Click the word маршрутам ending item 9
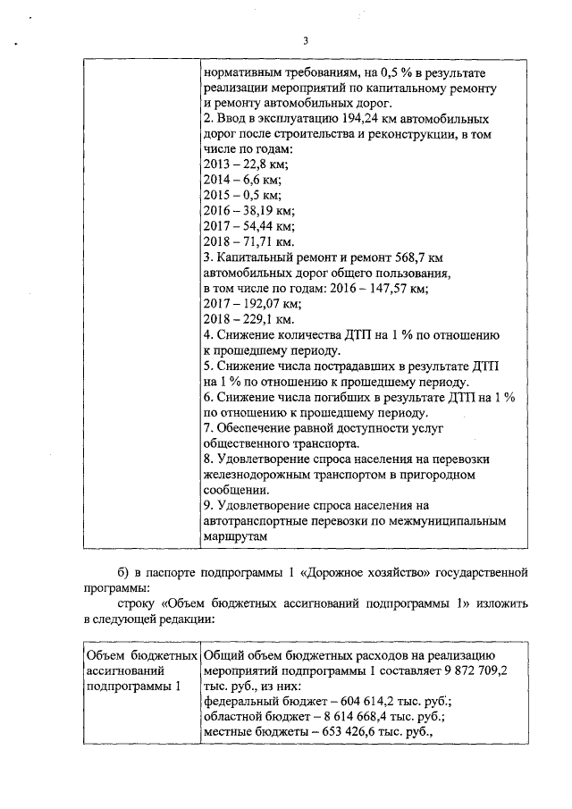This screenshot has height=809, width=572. [x=235, y=535]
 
